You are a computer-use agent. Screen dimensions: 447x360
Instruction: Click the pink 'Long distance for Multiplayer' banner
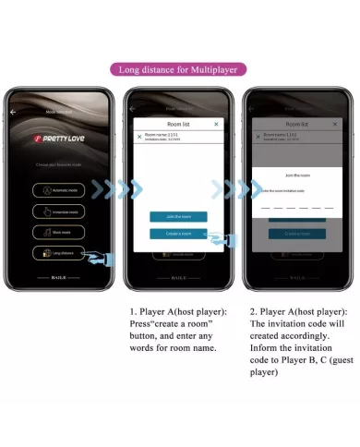pos(180,69)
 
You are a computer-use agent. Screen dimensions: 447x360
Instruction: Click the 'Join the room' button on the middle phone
pos(178,216)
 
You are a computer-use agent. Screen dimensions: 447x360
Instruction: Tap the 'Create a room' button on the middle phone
pos(178,234)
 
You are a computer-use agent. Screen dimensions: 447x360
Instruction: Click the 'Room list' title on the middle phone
pos(178,123)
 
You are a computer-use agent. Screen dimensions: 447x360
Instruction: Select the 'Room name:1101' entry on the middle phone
pos(166,136)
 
